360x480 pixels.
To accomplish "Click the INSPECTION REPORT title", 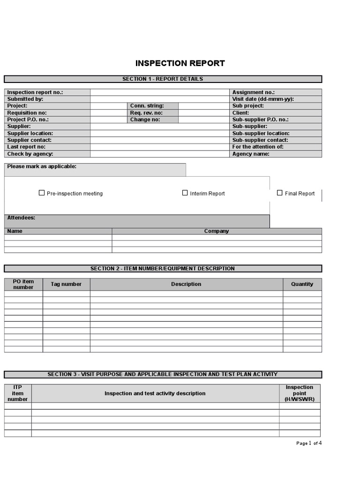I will tap(180, 63).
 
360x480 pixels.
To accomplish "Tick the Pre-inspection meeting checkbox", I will tap(42, 193).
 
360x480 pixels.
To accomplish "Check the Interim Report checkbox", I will tap(185, 193).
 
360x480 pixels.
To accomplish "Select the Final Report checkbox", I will tap(280, 193).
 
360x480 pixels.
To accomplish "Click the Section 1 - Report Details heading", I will tap(163, 79).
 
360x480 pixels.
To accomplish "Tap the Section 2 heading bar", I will tap(163, 269).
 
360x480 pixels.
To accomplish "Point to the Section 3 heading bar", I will tap(163, 375).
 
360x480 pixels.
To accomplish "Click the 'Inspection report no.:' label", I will tap(35, 92).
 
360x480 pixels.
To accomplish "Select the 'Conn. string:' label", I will tap(147, 106).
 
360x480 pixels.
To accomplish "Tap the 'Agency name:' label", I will tap(251, 154).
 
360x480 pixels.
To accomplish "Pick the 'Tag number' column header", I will tap(66, 284).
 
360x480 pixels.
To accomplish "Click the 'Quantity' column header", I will tap(302, 284).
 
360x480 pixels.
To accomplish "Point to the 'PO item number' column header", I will tap(23, 284).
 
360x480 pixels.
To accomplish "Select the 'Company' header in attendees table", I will tap(217, 231).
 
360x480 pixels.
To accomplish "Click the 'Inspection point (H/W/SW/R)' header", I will tap(300, 393).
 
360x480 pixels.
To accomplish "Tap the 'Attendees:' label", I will tap(21, 218).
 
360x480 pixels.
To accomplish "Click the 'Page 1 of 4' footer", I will tap(309, 443).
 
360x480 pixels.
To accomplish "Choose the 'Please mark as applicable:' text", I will tap(42, 166).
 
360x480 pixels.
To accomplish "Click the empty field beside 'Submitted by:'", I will tap(160, 99).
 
